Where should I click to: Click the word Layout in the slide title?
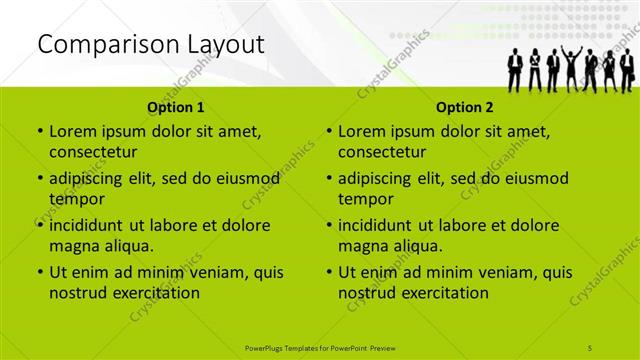click(229, 44)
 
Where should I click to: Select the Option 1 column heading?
click(176, 107)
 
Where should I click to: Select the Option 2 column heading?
click(465, 107)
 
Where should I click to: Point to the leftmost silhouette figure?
click(515, 70)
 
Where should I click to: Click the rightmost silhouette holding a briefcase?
click(627, 70)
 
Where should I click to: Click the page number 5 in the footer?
click(591, 347)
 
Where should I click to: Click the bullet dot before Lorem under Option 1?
click(39, 132)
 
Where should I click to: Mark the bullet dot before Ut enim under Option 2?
click(329, 272)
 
